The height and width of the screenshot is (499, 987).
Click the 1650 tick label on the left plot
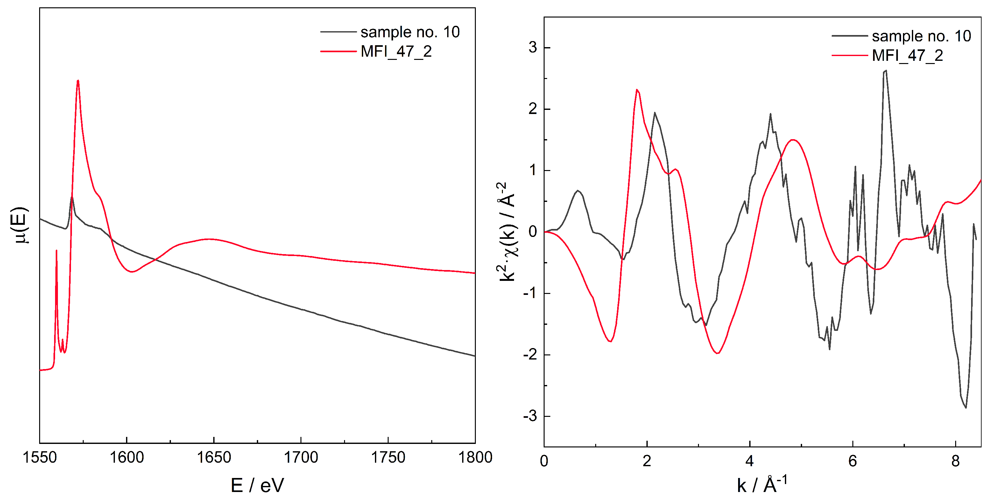click(214, 457)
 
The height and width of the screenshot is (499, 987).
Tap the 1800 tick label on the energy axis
click(475, 457)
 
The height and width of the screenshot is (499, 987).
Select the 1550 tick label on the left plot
click(39, 457)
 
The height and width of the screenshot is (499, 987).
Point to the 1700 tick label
click(301, 457)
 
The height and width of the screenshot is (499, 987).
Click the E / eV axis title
click(257, 485)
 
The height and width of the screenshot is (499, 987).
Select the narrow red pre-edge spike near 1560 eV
click(56, 251)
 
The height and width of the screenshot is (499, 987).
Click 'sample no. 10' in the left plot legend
click(410, 32)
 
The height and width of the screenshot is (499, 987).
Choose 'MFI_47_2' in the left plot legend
click(396, 51)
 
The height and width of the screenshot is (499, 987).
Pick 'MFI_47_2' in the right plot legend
click(907, 56)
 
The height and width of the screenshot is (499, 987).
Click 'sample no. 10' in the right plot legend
click(921, 36)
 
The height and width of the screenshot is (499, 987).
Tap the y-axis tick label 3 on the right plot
click(532, 47)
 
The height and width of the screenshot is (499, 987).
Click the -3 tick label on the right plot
click(530, 416)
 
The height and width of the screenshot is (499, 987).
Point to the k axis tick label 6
click(852, 461)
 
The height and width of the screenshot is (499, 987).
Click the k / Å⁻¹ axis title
click(762, 485)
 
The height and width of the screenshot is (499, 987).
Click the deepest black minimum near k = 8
click(966, 407)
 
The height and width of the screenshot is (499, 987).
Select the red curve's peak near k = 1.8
click(637, 90)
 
